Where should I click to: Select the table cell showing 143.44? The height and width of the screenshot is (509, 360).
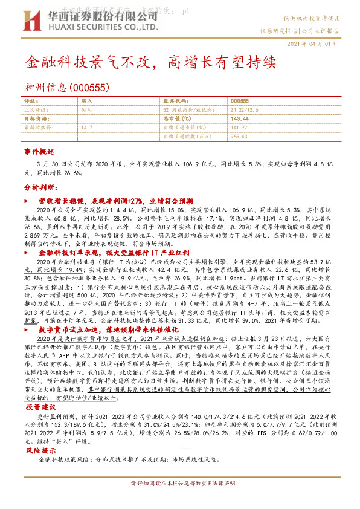coord(240,119)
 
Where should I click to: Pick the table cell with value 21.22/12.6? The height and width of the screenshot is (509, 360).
coord(244,110)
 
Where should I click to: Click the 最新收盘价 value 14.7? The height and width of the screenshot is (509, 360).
coord(87,128)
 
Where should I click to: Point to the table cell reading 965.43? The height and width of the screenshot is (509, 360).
coord(240,137)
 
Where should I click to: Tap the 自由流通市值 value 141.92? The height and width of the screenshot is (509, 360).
coord(240,128)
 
